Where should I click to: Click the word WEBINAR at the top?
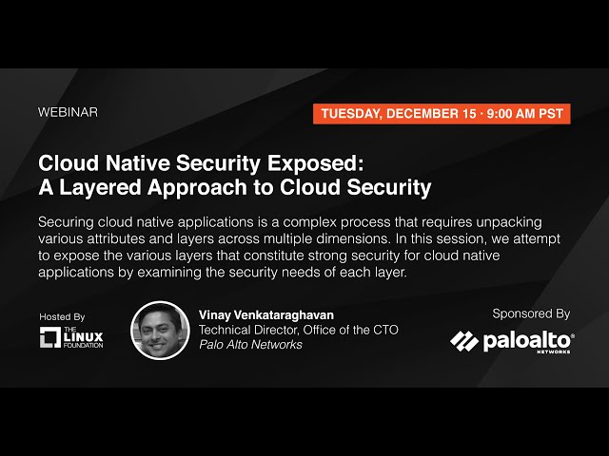pos(68,112)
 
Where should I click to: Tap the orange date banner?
pos(442,113)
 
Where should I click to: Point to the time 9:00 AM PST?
pos(525,113)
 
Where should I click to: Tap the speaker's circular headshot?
pos(160,330)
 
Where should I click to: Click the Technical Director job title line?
pos(298,330)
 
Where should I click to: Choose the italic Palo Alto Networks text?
pos(250,345)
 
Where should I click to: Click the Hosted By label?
pos(62,316)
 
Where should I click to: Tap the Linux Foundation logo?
pos(71,337)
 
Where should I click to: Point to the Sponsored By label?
pos(531,313)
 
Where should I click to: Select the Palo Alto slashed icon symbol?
pos(464,341)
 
